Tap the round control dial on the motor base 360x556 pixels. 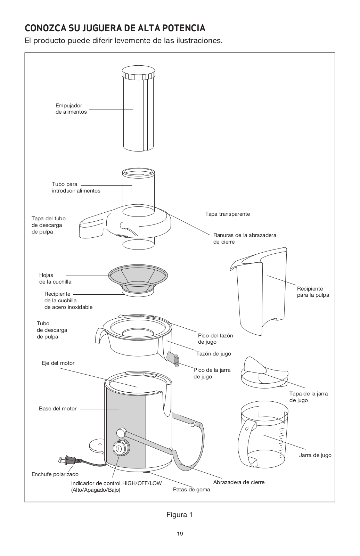click(119, 448)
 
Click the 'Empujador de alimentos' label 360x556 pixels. click(71, 109)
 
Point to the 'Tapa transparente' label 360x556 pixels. click(227, 214)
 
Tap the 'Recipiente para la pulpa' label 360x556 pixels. click(313, 292)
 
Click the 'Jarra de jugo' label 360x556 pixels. click(315, 455)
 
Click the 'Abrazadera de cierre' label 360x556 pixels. click(239, 482)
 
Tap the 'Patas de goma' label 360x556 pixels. click(191, 490)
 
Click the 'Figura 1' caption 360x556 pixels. click(179, 515)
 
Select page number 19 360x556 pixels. click(180, 534)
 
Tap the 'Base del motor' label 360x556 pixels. click(58, 409)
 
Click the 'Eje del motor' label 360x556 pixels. click(58, 363)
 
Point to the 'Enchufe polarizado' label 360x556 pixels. click(55, 474)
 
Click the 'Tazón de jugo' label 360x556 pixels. click(213, 354)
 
